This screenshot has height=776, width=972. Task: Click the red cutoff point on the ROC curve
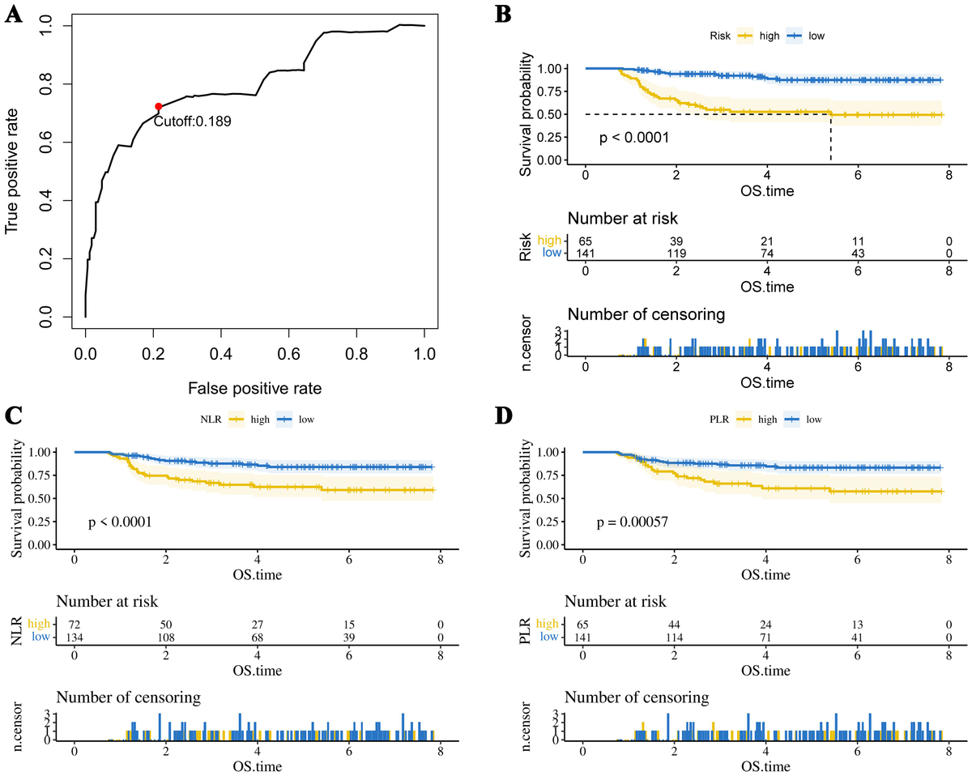coord(159,107)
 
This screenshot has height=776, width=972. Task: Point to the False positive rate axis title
coord(255,388)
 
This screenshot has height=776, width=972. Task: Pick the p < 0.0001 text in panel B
coord(634,138)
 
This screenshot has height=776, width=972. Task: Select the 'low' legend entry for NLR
coord(303,419)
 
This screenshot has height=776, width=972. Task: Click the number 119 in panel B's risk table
coord(676,253)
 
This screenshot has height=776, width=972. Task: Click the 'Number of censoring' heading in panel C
coord(128,697)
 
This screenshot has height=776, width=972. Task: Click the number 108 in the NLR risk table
coord(165,637)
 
